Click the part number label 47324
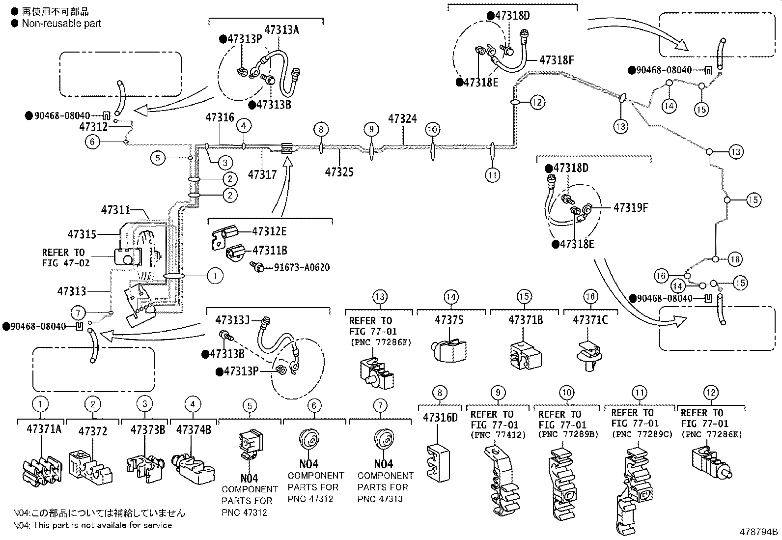pyautogui.click(x=402, y=119)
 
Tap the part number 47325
pyautogui.click(x=339, y=172)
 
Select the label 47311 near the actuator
pyautogui.click(x=116, y=210)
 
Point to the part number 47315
pyautogui.click(x=82, y=235)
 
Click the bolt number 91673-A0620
pyautogui.click(x=302, y=268)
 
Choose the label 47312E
pyautogui.click(x=269, y=231)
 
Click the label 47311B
pyautogui.click(x=270, y=251)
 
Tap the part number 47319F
pyautogui.click(x=631, y=208)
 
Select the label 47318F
pyautogui.click(x=557, y=60)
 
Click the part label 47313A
pyautogui.click(x=281, y=30)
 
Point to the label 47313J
pyautogui.click(x=233, y=320)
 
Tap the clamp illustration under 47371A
pyautogui.click(x=43, y=469)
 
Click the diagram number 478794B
pyautogui.click(x=759, y=532)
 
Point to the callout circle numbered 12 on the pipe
pyautogui.click(x=538, y=102)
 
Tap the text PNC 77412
pyautogui.click(x=498, y=435)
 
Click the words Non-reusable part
pyautogui.click(x=61, y=23)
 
